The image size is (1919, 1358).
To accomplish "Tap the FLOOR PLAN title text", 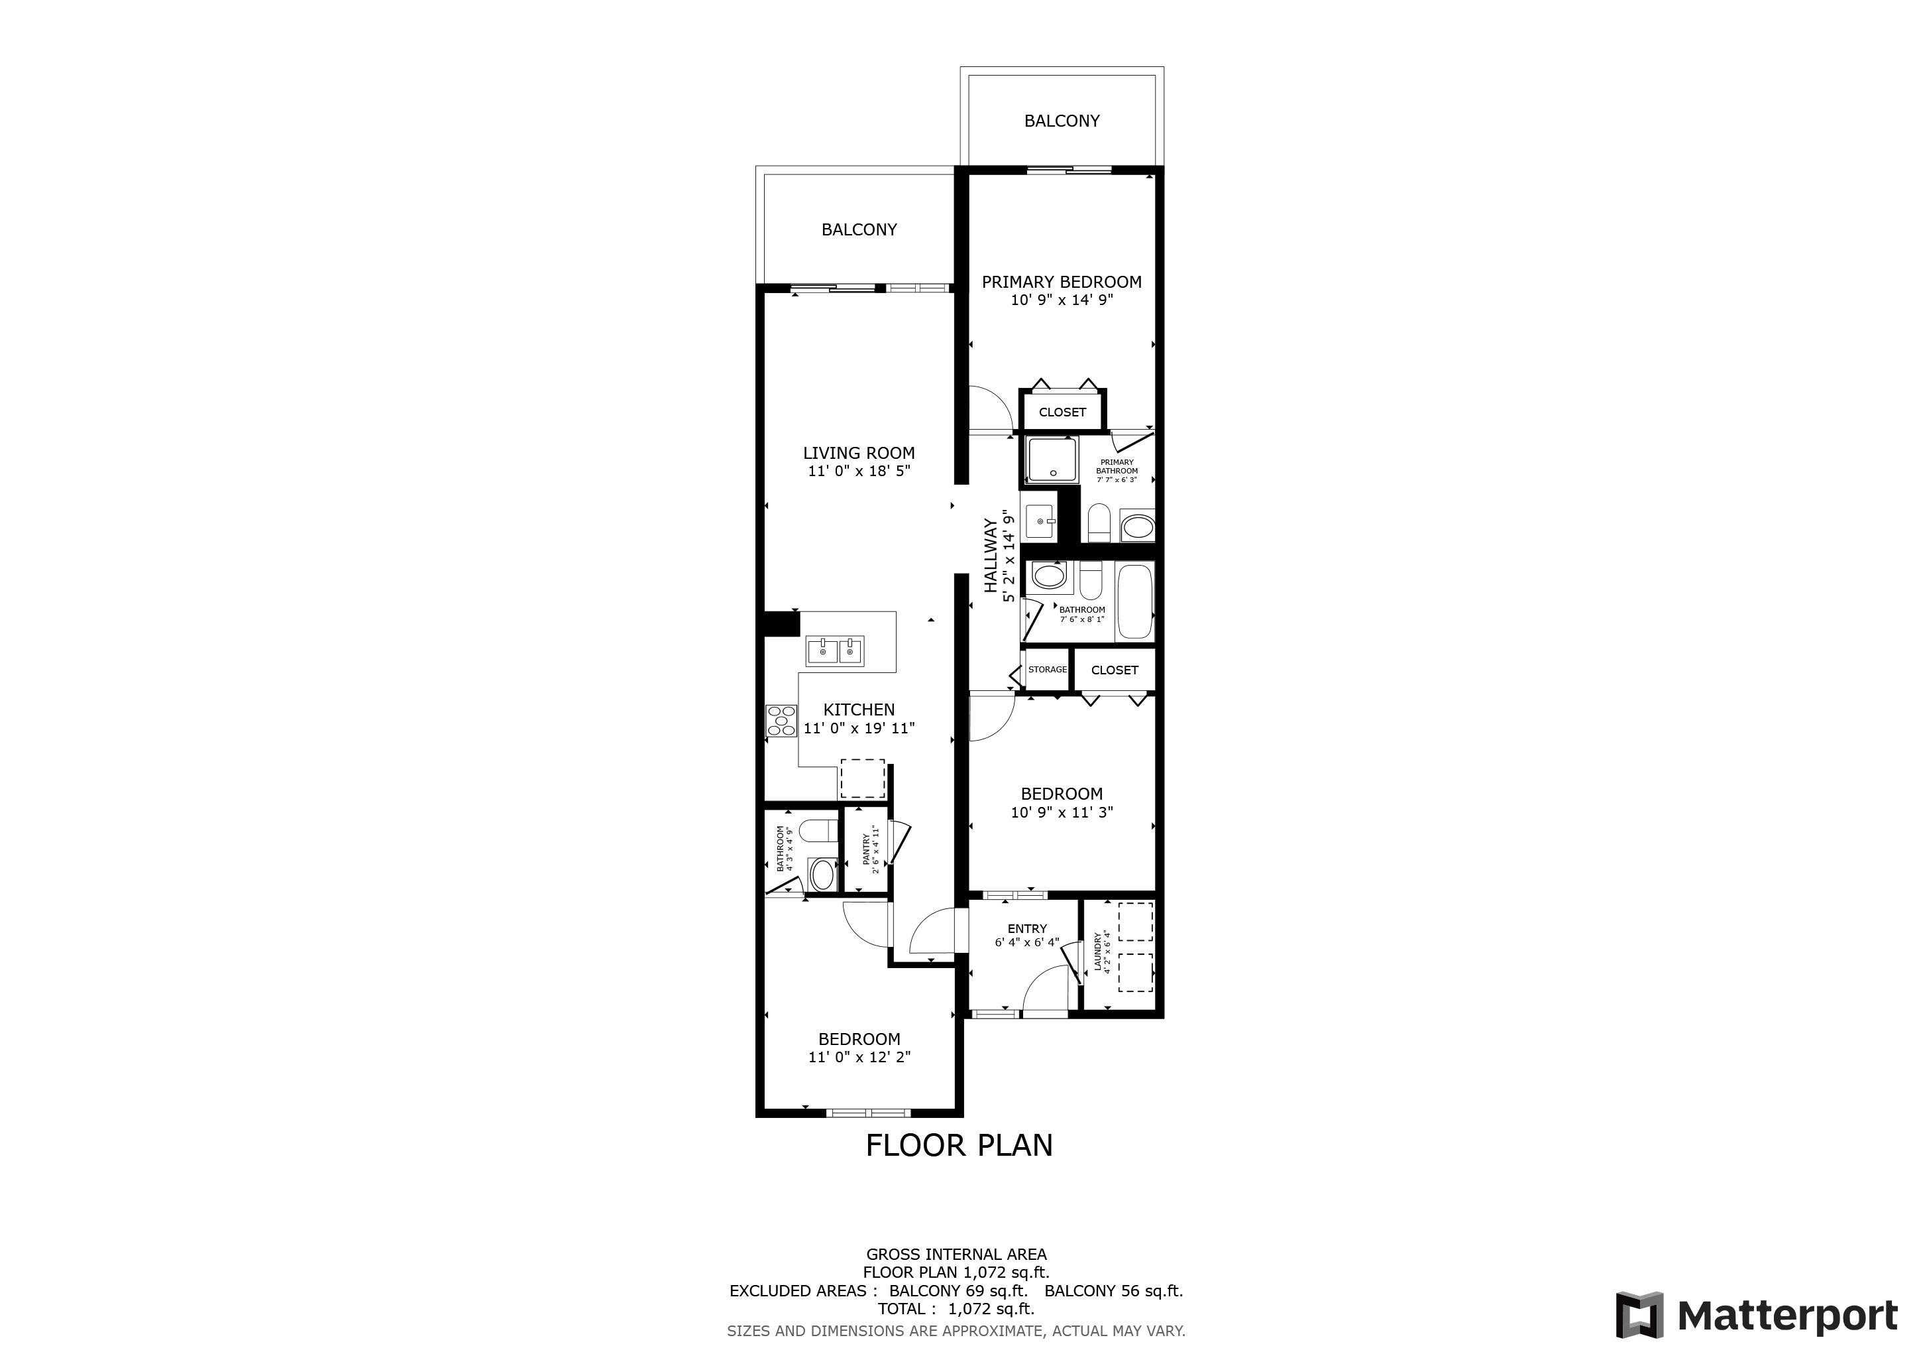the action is tap(959, 1146).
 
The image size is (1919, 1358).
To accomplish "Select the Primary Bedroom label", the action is tap(1062, 282).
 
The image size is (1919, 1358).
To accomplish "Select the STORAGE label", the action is tap(1047, 669).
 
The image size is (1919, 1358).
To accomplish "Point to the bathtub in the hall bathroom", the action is tap(1135, 601).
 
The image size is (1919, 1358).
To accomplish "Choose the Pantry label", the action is tap(866, 849).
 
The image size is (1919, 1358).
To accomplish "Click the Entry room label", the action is tap(1027, 928).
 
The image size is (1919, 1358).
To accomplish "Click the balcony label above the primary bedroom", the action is tap(1062, 121).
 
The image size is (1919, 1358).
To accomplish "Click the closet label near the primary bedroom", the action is tap(1062, 412).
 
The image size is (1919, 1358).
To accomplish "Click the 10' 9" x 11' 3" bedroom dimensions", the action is tap(1062, 812).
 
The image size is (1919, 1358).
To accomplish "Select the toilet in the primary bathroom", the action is tap(1098, 523).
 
